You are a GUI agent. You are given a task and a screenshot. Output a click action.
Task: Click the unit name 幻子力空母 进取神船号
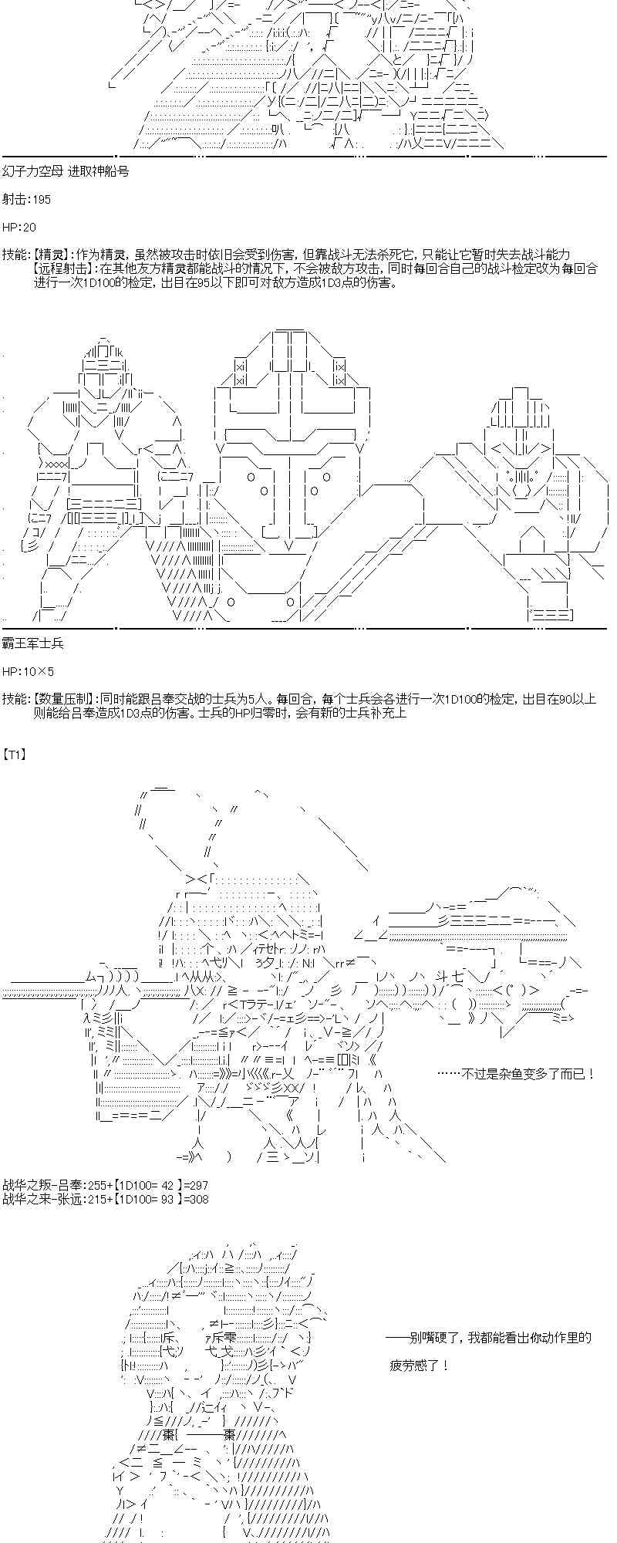tap(66, 171)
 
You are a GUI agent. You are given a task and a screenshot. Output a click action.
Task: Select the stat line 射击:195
tap(26, 199)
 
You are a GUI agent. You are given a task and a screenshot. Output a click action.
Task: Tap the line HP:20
tap(19, 227)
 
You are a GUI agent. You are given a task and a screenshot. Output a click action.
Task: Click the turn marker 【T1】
tap(15, 755)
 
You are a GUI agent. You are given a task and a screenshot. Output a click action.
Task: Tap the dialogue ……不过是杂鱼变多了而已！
tap(516, 1073)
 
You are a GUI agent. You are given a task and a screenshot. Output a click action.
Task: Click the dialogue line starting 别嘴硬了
tap(489, 1338)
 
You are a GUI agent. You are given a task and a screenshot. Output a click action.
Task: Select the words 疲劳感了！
tap(420, 1366)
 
